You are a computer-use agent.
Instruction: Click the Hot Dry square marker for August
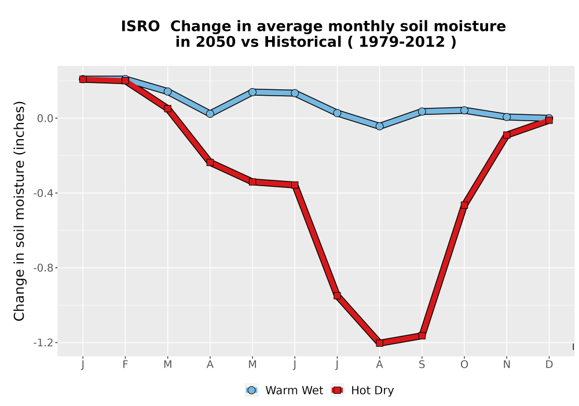pos(380,343)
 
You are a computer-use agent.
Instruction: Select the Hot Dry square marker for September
pos(422,335)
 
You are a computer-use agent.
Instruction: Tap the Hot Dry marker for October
pos(464,205)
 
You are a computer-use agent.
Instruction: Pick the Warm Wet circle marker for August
pos(380,126)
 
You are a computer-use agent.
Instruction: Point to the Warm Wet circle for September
pos(422,111)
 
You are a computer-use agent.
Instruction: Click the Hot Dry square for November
pos(507,135)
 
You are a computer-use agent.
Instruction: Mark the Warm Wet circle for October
pos(464,110)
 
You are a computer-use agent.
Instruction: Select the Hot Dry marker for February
pos(125,80)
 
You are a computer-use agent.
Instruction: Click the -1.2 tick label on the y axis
pos(43,343)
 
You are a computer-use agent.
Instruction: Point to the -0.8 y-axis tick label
pos(43,268)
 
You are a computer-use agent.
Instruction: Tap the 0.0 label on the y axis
pos(45,118)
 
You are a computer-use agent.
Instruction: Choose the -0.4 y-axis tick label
pos(43,193)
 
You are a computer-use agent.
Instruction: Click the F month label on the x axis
pos(125,365)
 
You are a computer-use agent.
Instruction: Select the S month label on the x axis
pos(422,365)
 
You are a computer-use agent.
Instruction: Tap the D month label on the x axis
pos(549,365)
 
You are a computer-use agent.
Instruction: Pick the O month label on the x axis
pos(464,365)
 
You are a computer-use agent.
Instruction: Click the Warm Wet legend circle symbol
pos(251,390)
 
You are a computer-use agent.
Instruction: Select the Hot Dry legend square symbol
pos(337,390)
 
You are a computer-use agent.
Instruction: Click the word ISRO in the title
pos(140,27)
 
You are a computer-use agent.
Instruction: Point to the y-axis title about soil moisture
pos(19,211)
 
